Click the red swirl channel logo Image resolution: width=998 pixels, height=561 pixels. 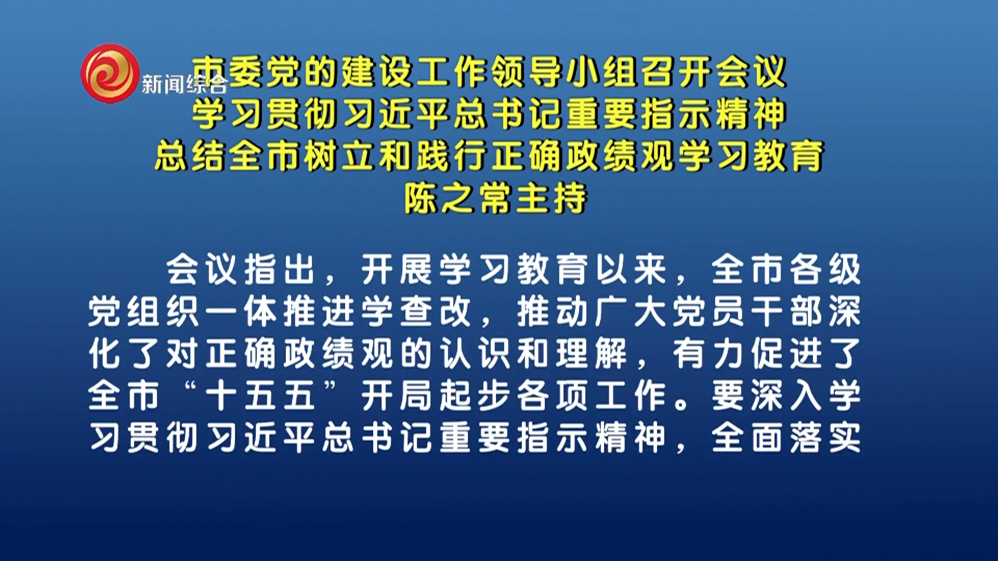(110, 73)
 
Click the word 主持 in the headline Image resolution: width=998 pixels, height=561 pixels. (551, 198)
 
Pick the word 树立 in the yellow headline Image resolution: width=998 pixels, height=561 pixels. (340, 155)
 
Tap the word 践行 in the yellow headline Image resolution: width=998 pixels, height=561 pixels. (451, 155)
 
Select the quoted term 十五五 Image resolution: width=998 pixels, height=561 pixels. (260, 396)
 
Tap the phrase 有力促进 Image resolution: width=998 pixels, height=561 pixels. (747, 354)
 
